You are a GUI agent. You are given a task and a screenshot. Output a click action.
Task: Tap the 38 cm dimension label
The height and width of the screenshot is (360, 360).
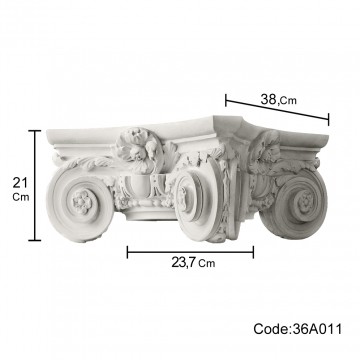[278, 99]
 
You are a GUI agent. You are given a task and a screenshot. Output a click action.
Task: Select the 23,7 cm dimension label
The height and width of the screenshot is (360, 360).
[193, 263]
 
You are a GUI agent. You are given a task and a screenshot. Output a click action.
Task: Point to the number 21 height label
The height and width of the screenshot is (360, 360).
[20, 183]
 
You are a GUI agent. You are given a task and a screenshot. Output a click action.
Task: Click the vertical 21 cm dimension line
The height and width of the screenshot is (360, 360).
[35, 185]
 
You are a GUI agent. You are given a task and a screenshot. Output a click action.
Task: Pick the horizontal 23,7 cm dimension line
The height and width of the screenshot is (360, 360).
[190, 252]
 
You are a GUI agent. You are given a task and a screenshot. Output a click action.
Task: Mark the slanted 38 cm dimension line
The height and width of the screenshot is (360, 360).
[277, 109]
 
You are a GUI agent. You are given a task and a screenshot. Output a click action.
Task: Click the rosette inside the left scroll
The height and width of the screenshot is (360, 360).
[81, 202]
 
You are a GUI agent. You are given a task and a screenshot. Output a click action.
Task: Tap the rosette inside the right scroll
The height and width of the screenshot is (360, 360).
[304, 201]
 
